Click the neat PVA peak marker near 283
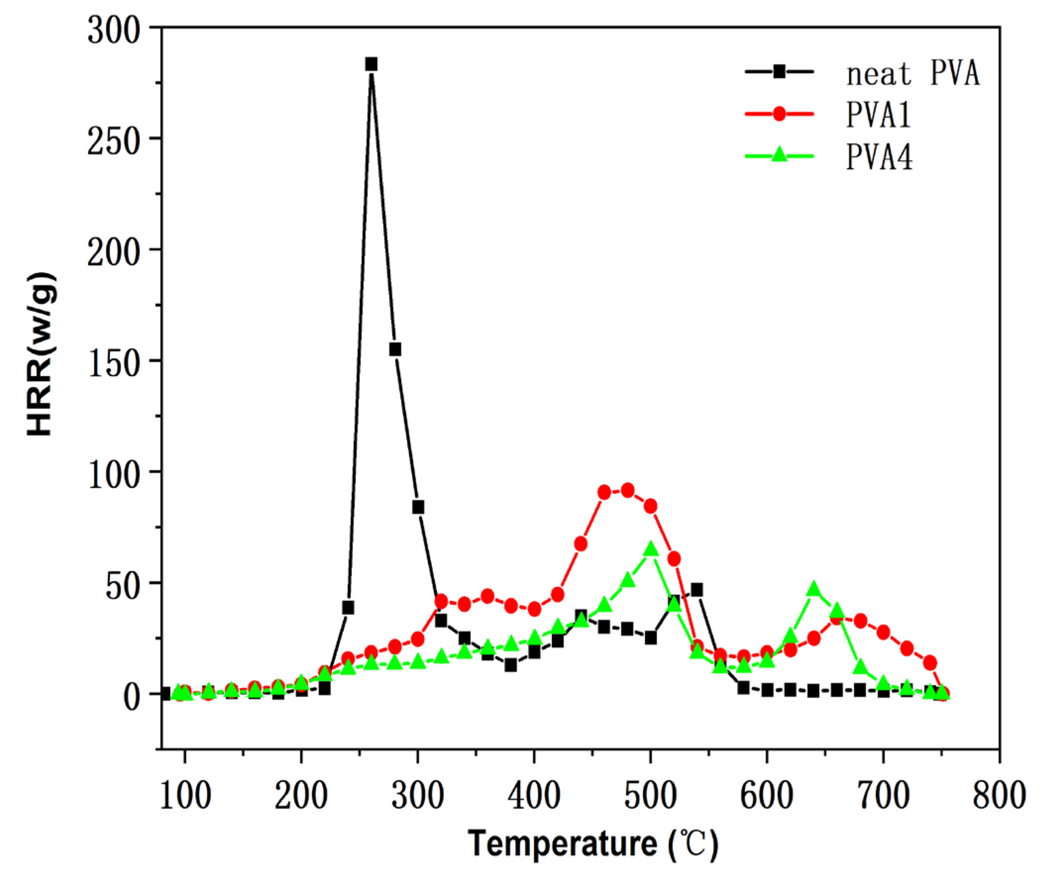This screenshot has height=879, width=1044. coord(371,64)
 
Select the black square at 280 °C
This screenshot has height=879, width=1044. coord(395,349)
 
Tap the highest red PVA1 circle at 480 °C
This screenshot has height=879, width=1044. coord(628,491)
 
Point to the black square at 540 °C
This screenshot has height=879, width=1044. coord(697,590)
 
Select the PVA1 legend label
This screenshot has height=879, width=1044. coord(878,115)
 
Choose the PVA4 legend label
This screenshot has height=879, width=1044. coord(879,157)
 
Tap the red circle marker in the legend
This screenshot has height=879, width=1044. coord(779,114)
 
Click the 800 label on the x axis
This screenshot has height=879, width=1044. coord(998,796)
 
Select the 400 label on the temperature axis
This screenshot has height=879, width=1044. coord(534,796)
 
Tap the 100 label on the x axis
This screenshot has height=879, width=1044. coord(185,796)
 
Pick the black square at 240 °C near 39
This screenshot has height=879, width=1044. coord(348,607)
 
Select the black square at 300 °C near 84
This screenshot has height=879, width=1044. coord(418,507)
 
